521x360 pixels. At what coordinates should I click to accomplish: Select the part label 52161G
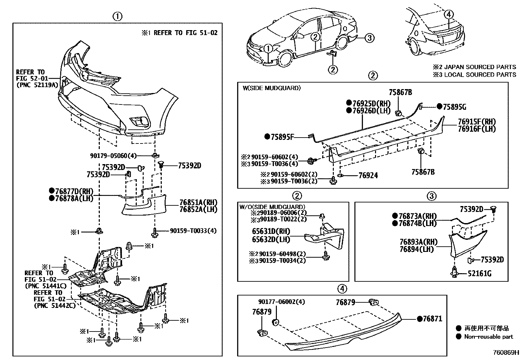[479, 273]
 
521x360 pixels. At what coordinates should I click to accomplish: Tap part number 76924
[368, 176]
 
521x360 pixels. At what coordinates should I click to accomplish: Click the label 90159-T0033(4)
[193, 231]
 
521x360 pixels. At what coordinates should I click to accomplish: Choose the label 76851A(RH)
[198, 202]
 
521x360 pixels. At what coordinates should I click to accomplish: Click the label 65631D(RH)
[271, 232]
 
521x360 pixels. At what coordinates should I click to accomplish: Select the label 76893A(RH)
[418, 242]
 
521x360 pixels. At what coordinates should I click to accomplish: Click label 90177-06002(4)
[281, 302]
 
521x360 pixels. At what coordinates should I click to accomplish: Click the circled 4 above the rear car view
[449, 14]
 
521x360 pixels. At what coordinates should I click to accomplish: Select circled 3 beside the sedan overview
[369, 38]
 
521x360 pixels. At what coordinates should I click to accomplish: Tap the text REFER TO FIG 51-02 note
[185, 33]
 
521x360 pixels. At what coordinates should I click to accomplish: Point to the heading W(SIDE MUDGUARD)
[271, 88]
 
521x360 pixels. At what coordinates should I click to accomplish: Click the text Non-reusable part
[489, 336]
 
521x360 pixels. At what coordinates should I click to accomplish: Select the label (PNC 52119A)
[37, 85]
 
